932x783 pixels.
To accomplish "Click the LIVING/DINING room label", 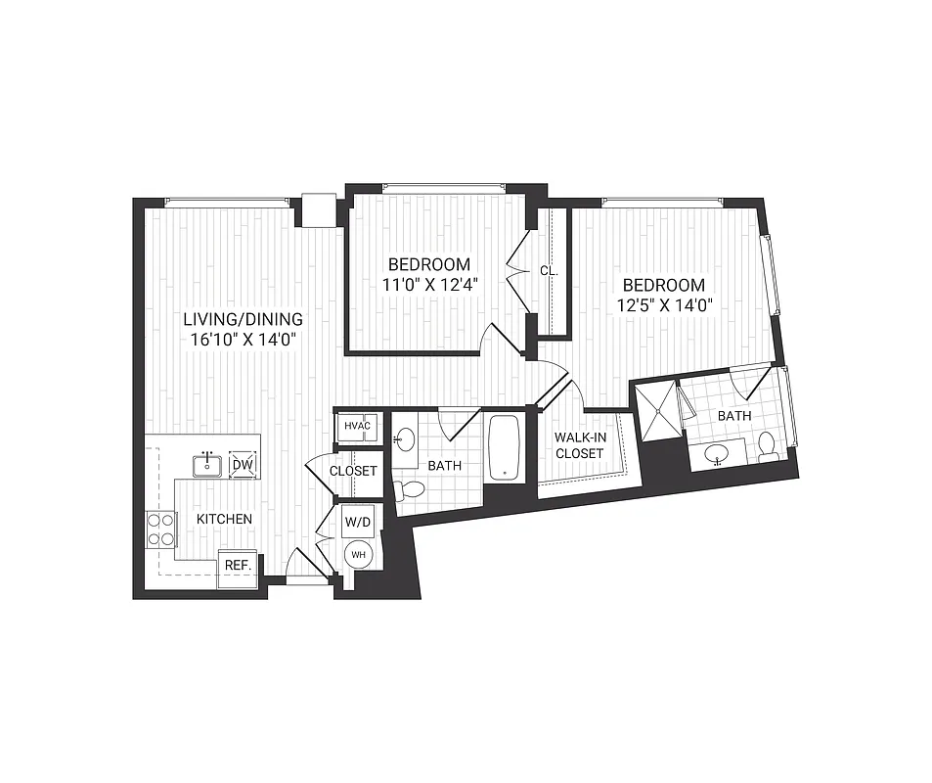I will [x=244, y=319].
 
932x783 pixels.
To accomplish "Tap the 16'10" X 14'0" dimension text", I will [x=244, y=340].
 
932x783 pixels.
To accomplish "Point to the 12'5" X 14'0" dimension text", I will [x=664, y=304].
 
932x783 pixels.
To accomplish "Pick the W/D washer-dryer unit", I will [x=357, y=521].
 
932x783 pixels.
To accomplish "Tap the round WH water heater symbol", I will [x=357, y=555].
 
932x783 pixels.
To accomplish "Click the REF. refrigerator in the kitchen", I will [x=238, y=566].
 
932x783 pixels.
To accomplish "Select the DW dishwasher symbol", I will [x=243, y=464].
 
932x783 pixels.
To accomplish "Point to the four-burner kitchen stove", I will [x=160, y=530].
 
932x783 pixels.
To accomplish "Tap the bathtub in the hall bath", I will [x=505, y=449].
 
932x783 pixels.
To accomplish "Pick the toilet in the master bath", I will [x=769, y=447].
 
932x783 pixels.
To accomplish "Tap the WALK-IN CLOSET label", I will [x=579, y=444].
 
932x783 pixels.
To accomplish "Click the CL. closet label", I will [x=549, y=271].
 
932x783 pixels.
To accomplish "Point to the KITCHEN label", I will [x=224, y=519].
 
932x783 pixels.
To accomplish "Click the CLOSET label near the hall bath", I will [x=353, y=471].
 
